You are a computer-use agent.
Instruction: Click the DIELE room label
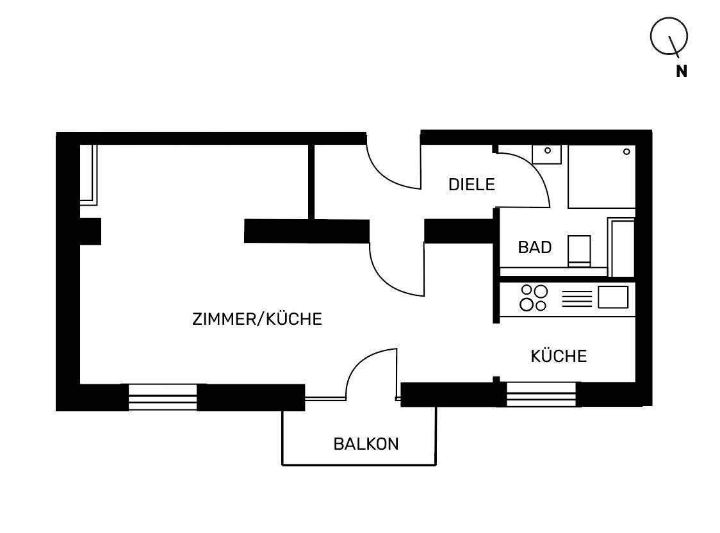pos(471,185)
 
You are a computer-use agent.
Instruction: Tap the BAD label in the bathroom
pos(534,247)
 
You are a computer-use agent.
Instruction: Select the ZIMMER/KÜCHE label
pos(257,319)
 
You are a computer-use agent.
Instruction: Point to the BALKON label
pos(366,443)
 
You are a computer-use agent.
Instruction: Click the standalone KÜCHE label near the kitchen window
pos(559,356)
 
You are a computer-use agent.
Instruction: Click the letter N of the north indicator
pos(682,72)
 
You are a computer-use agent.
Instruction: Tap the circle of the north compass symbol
pos(669,35)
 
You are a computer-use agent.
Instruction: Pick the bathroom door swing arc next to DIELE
pos(525,179)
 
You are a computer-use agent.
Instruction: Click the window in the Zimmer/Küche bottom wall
pos(162,397)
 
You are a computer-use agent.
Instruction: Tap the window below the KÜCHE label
pos(542,394)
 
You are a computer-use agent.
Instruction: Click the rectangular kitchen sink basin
pos(612,297)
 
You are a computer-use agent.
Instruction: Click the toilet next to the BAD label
pos(580,250)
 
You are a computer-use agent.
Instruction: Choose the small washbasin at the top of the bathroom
pos(547,154)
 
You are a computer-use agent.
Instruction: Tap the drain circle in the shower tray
pos(626,152)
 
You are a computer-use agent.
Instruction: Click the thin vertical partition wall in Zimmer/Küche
pos(311,181)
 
